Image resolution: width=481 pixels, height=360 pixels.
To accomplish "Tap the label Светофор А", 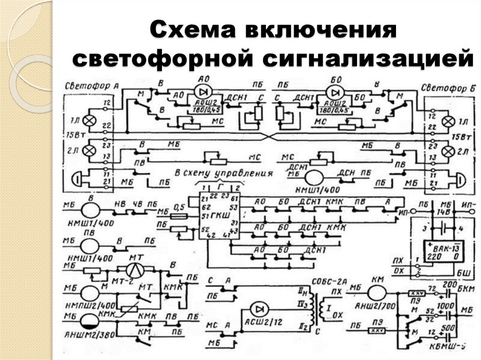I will (91, 86).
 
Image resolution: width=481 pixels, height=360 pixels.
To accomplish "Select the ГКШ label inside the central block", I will (223, 215).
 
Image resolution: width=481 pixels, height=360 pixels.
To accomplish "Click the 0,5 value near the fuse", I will (178, 207).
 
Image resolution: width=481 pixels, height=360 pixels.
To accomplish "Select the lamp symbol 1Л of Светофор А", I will (89, 121).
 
